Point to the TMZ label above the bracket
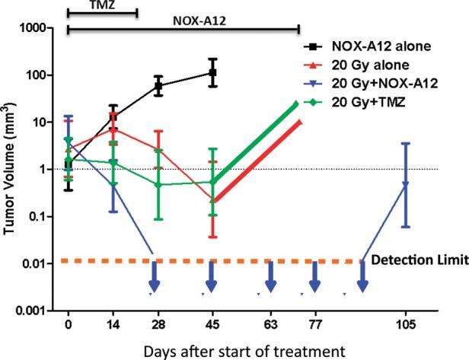pos(102,5)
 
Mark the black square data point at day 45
pos(214,73)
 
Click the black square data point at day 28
pos(158,85)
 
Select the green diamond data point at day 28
pos(158,185)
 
